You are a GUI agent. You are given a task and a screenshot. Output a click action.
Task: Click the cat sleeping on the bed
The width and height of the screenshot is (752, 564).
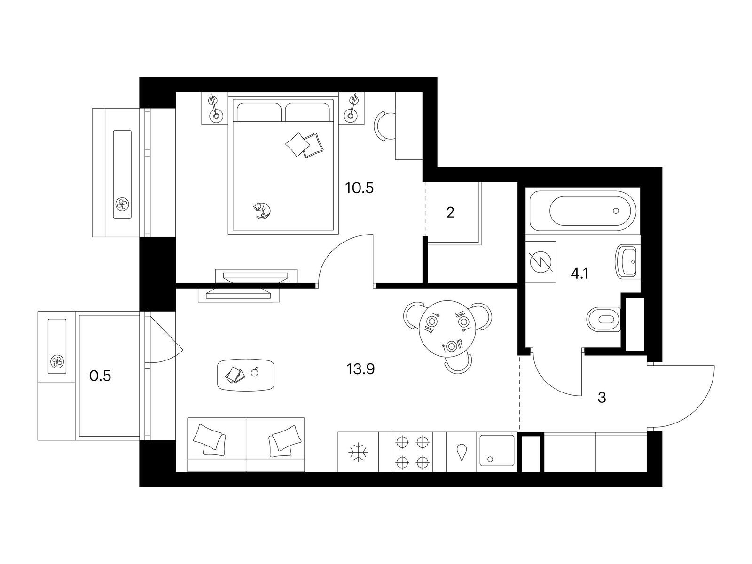(x=262, y=210)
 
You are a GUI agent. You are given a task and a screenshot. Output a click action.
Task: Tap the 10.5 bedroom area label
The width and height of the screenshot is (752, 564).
(x=360, y=188)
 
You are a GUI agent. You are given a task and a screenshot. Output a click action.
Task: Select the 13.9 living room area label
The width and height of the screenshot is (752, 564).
(x=360, y=369)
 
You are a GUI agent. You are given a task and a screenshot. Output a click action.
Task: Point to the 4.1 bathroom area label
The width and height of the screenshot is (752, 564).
(x=580, y=274)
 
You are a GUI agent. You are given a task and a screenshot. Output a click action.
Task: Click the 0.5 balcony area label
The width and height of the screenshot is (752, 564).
(x=100, y=376)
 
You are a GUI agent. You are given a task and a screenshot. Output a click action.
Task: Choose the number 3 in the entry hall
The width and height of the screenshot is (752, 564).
(x=602, y=398)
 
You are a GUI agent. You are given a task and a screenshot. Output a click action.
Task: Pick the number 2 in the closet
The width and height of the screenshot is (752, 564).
(x=450, y=212)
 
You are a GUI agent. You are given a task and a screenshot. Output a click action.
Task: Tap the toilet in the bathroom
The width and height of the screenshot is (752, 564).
(x=603, y=319)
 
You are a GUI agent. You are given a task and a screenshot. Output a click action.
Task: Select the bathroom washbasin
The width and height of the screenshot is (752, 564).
(x=628, y=262)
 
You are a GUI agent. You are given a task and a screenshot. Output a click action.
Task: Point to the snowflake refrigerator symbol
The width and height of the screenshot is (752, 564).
(x=358, y=453)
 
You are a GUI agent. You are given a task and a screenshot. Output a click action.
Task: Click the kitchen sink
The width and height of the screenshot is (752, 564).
(x=497, y=451)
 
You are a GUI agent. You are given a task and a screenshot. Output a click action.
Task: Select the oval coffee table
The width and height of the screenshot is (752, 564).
(x=246, y=375)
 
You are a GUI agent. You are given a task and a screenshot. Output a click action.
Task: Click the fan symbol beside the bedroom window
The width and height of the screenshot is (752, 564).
(x=122, y=204)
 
